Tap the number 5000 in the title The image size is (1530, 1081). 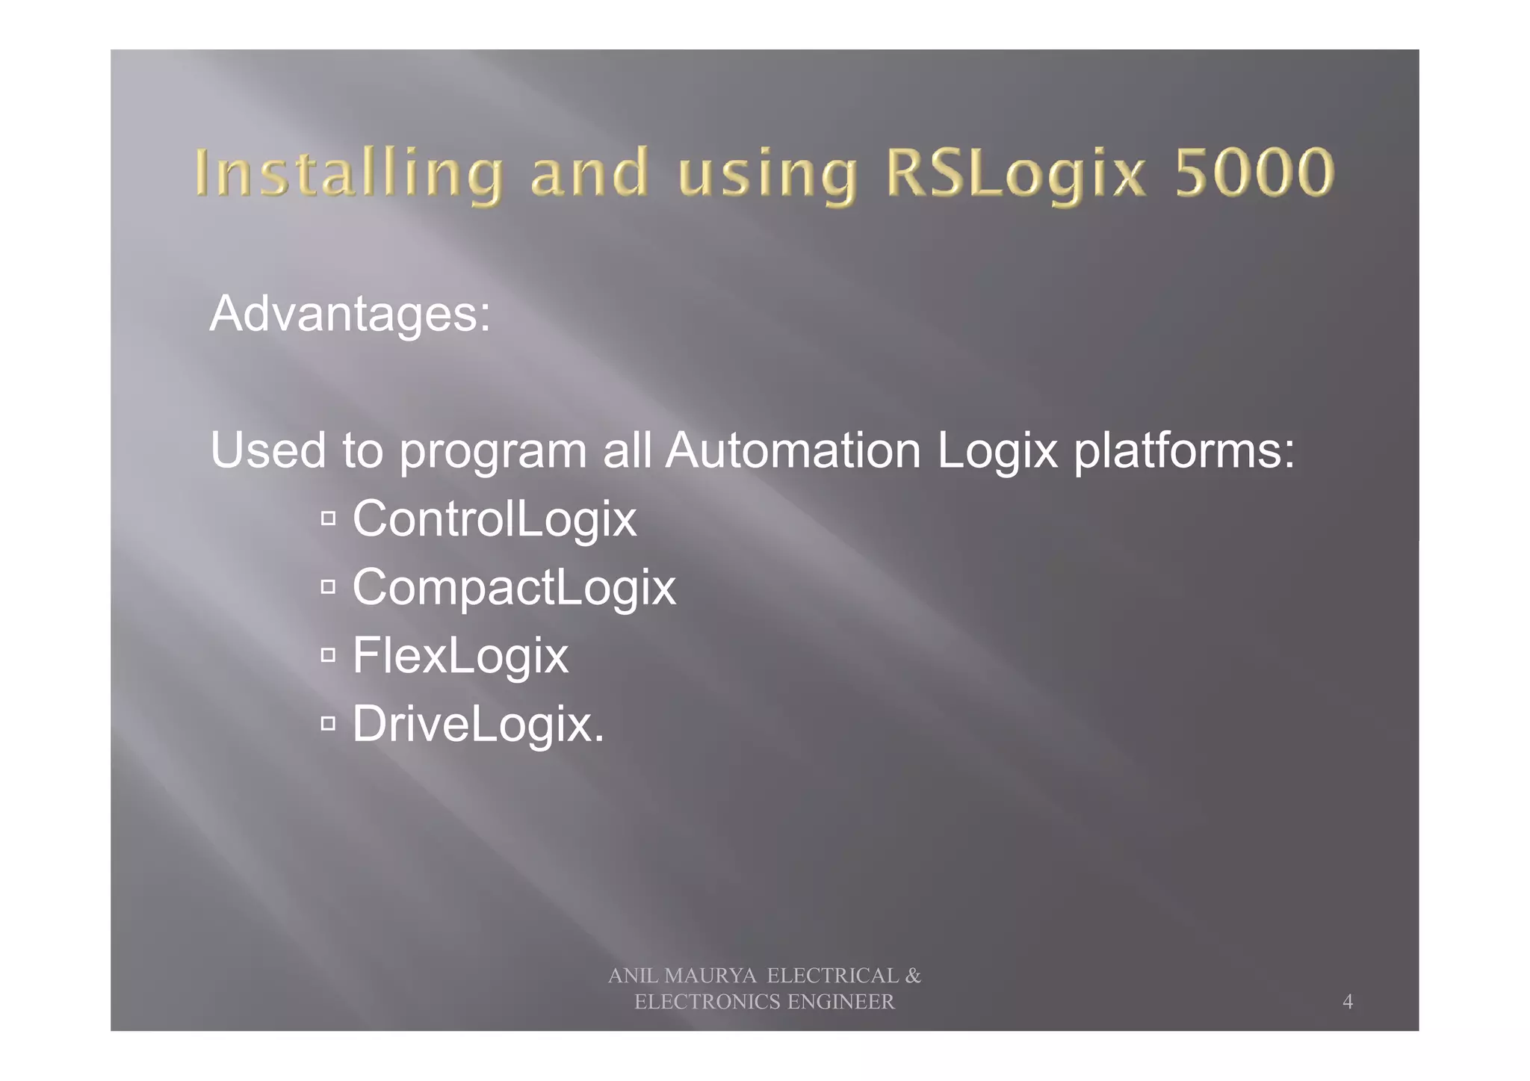[x=1254, y=173]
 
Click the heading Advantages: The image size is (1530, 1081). [x=350, y=314]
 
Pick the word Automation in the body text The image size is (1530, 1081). [x=793, y=450]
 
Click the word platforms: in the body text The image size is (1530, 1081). [x=1184, y=450]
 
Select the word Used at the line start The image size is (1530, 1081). [x=267, y=450]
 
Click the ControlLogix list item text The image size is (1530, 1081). [x=495, y=519]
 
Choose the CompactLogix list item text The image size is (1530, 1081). [x=514, y=587]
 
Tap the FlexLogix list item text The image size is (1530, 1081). [x=460, y=656]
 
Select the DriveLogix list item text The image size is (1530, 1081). [x=478, y=724]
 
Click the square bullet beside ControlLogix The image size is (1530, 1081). [x=328, y=518]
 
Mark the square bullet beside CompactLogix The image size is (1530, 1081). [x=328, y=587]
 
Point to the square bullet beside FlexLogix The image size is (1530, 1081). [x=328, y=655]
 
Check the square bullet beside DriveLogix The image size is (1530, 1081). [x=328, y=723]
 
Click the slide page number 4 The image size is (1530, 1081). [x=1347, y=1002]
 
